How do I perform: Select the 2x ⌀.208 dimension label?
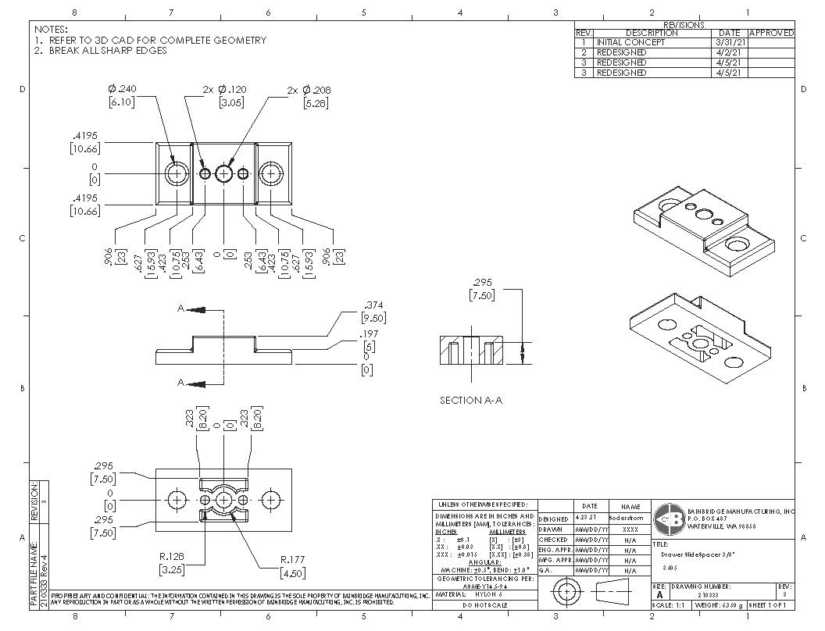[x=309, y=91]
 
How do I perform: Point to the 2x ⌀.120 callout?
[x=225, y=90]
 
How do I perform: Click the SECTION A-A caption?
[x=471, y=400]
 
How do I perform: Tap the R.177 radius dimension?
[x=294, y=559]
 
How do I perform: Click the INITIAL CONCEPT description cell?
[x=630, y=42]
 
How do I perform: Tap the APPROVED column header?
[x=771, y=33]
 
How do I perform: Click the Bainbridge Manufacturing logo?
[x=670, y=518]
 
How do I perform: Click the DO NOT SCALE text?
[x=484, y=605]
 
